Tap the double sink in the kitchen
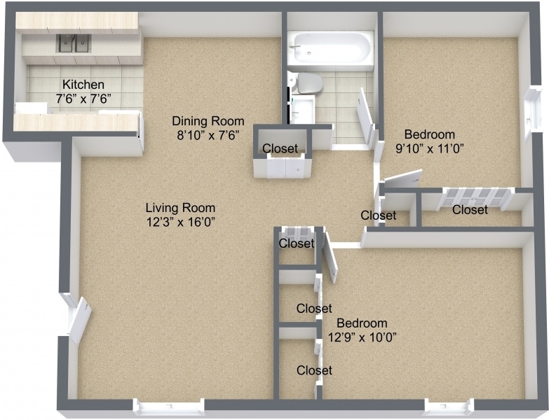pos(74,44)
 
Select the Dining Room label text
pos(208,120)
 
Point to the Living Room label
pos(180,208)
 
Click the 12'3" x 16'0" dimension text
pos(180,222)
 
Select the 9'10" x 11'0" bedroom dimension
pos(429,148)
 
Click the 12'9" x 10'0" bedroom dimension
pos(362,337)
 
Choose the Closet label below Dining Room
pos(280,148)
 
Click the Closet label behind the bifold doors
pos(470,209)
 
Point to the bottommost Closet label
pos(314,370)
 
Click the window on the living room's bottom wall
pos(168,407)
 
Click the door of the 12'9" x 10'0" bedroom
pos(329,258)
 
